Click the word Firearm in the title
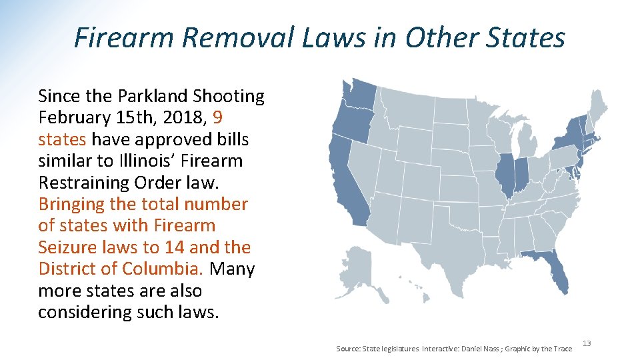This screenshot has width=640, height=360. tap(123, 37)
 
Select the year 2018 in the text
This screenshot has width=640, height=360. tap(176, 118)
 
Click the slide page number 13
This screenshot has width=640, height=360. tap(587, 343)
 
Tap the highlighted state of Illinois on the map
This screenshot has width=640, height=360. tap(505, 175)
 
